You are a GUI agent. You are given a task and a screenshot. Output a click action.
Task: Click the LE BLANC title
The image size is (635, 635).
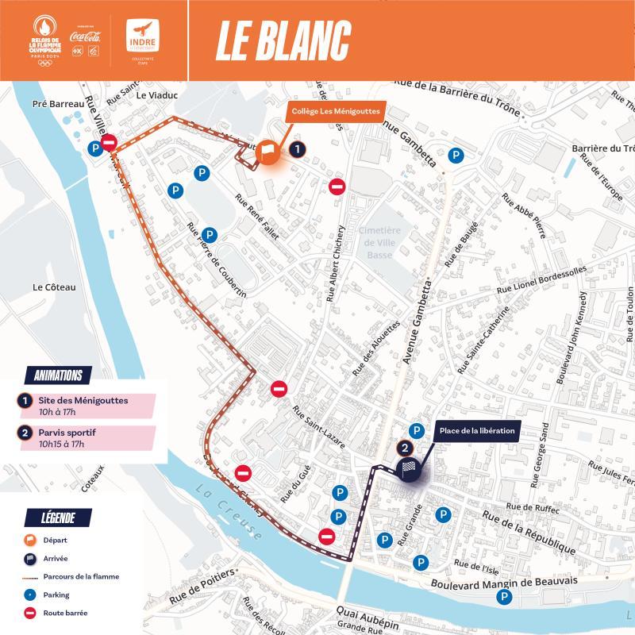(x=283, y=40)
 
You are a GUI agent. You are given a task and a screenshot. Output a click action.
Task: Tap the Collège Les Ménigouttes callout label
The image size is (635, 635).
(x=337, y=111)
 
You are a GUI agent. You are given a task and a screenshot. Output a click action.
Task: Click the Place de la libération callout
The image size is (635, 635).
(x=477, y=431)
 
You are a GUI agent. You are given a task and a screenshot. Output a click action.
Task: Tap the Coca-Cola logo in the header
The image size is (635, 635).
(x=85, y=35)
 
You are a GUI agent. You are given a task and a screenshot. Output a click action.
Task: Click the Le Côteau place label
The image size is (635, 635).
(x=54, y=287)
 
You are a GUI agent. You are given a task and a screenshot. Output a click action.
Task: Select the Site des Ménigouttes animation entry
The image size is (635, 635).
(x=83, y=406)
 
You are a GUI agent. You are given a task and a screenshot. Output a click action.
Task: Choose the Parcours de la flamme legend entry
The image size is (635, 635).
(x=79, y=576)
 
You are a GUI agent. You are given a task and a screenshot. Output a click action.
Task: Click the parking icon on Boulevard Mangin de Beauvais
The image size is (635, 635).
(x=502, y=595)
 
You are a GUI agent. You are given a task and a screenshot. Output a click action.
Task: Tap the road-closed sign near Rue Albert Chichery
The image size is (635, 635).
(x=337, y=187)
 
